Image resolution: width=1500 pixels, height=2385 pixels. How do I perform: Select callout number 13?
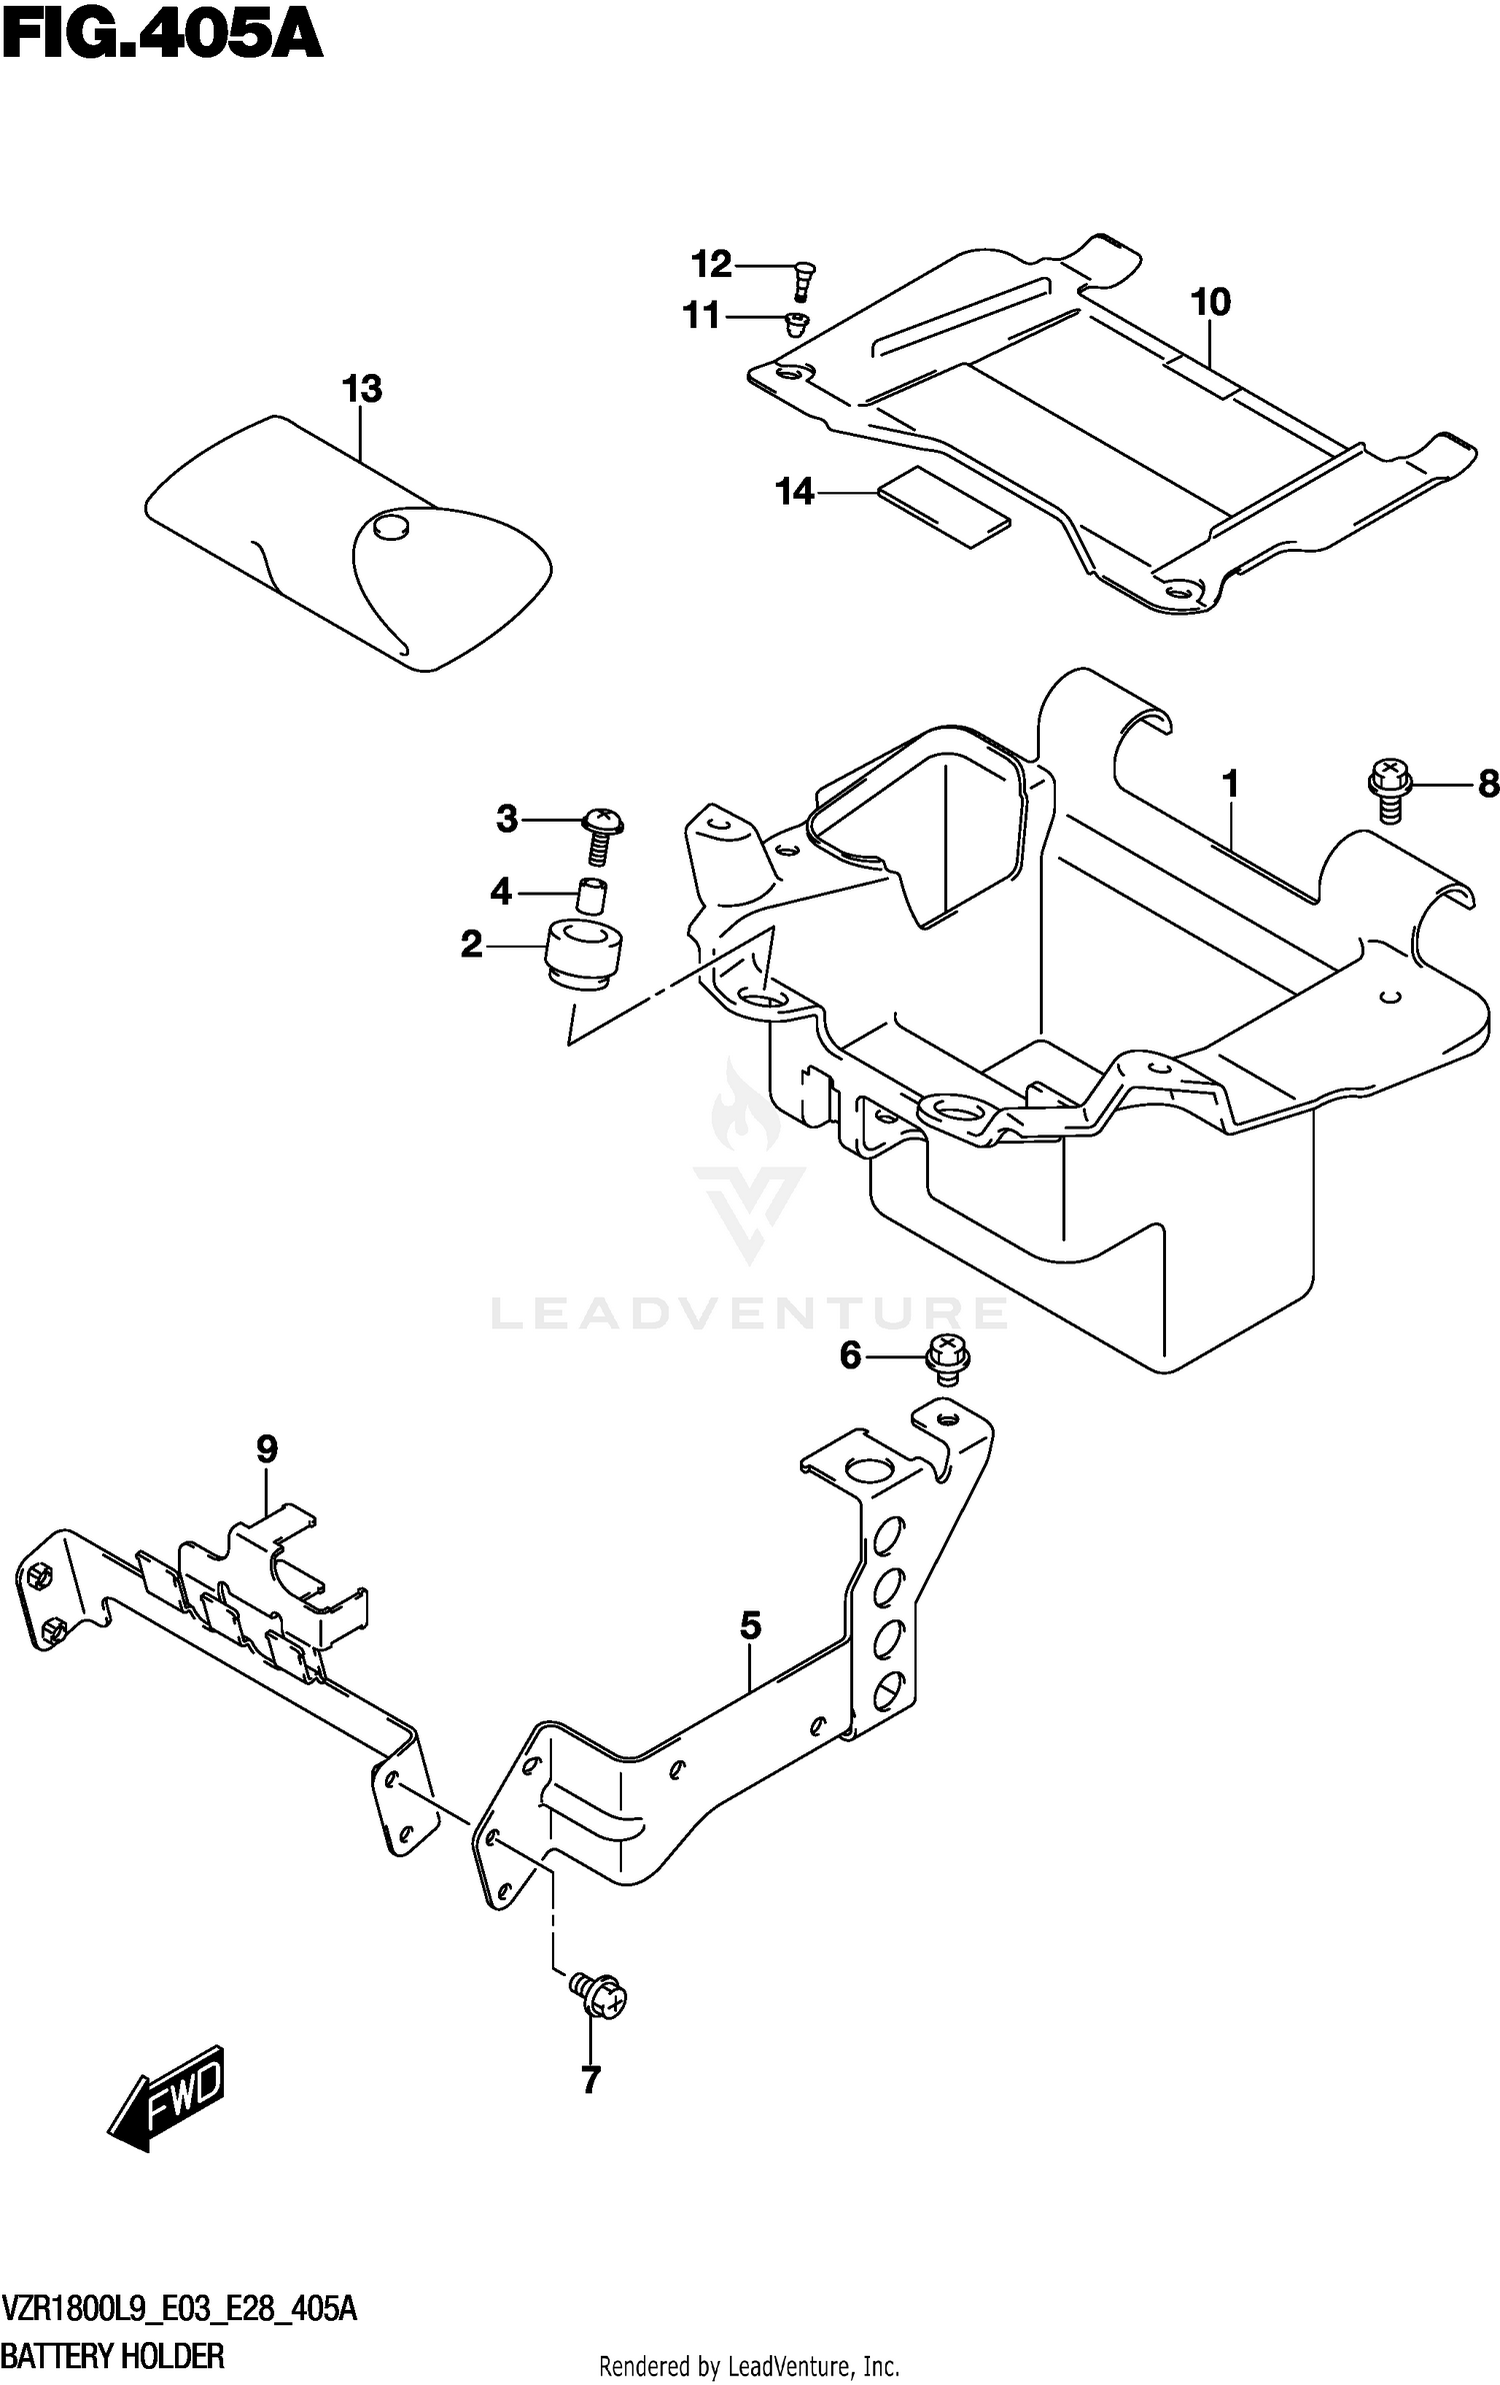[x=361, y=389]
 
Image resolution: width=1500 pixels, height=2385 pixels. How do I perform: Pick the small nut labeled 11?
[x=796, y=323]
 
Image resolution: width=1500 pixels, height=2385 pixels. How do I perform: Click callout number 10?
[x=1210, y=302]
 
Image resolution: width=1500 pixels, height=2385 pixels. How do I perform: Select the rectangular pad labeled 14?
[x=944, y=506]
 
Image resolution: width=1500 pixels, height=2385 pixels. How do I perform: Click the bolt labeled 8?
[x=1388, y=790]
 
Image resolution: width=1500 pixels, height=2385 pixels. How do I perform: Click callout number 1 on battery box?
[x=1230, y=784]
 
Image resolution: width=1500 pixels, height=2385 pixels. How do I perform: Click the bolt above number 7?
[x=598, y=1996]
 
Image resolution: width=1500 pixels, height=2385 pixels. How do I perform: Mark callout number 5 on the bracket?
[x=750, y=1626]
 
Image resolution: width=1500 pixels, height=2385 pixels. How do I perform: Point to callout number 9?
[x=266, y=1448]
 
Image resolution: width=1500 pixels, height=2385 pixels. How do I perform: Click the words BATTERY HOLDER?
[x=114, y=2355]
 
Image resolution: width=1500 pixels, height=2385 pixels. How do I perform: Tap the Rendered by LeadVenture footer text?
[x=748, y=2366]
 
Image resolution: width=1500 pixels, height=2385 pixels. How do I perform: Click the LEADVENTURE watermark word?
[x=748, y=1312]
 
